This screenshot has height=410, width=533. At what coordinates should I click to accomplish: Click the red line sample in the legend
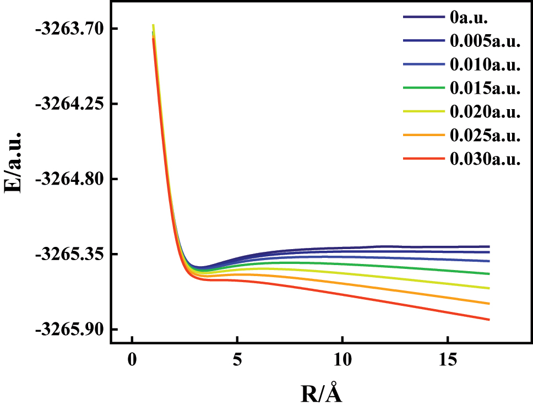[x=423, y=159]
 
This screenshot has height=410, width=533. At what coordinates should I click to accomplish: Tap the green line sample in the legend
[x=423, y=88]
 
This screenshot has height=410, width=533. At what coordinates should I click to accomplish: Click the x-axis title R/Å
[x=325, y=393]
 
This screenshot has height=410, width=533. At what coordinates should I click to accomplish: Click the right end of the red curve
[x=488, y=320]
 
